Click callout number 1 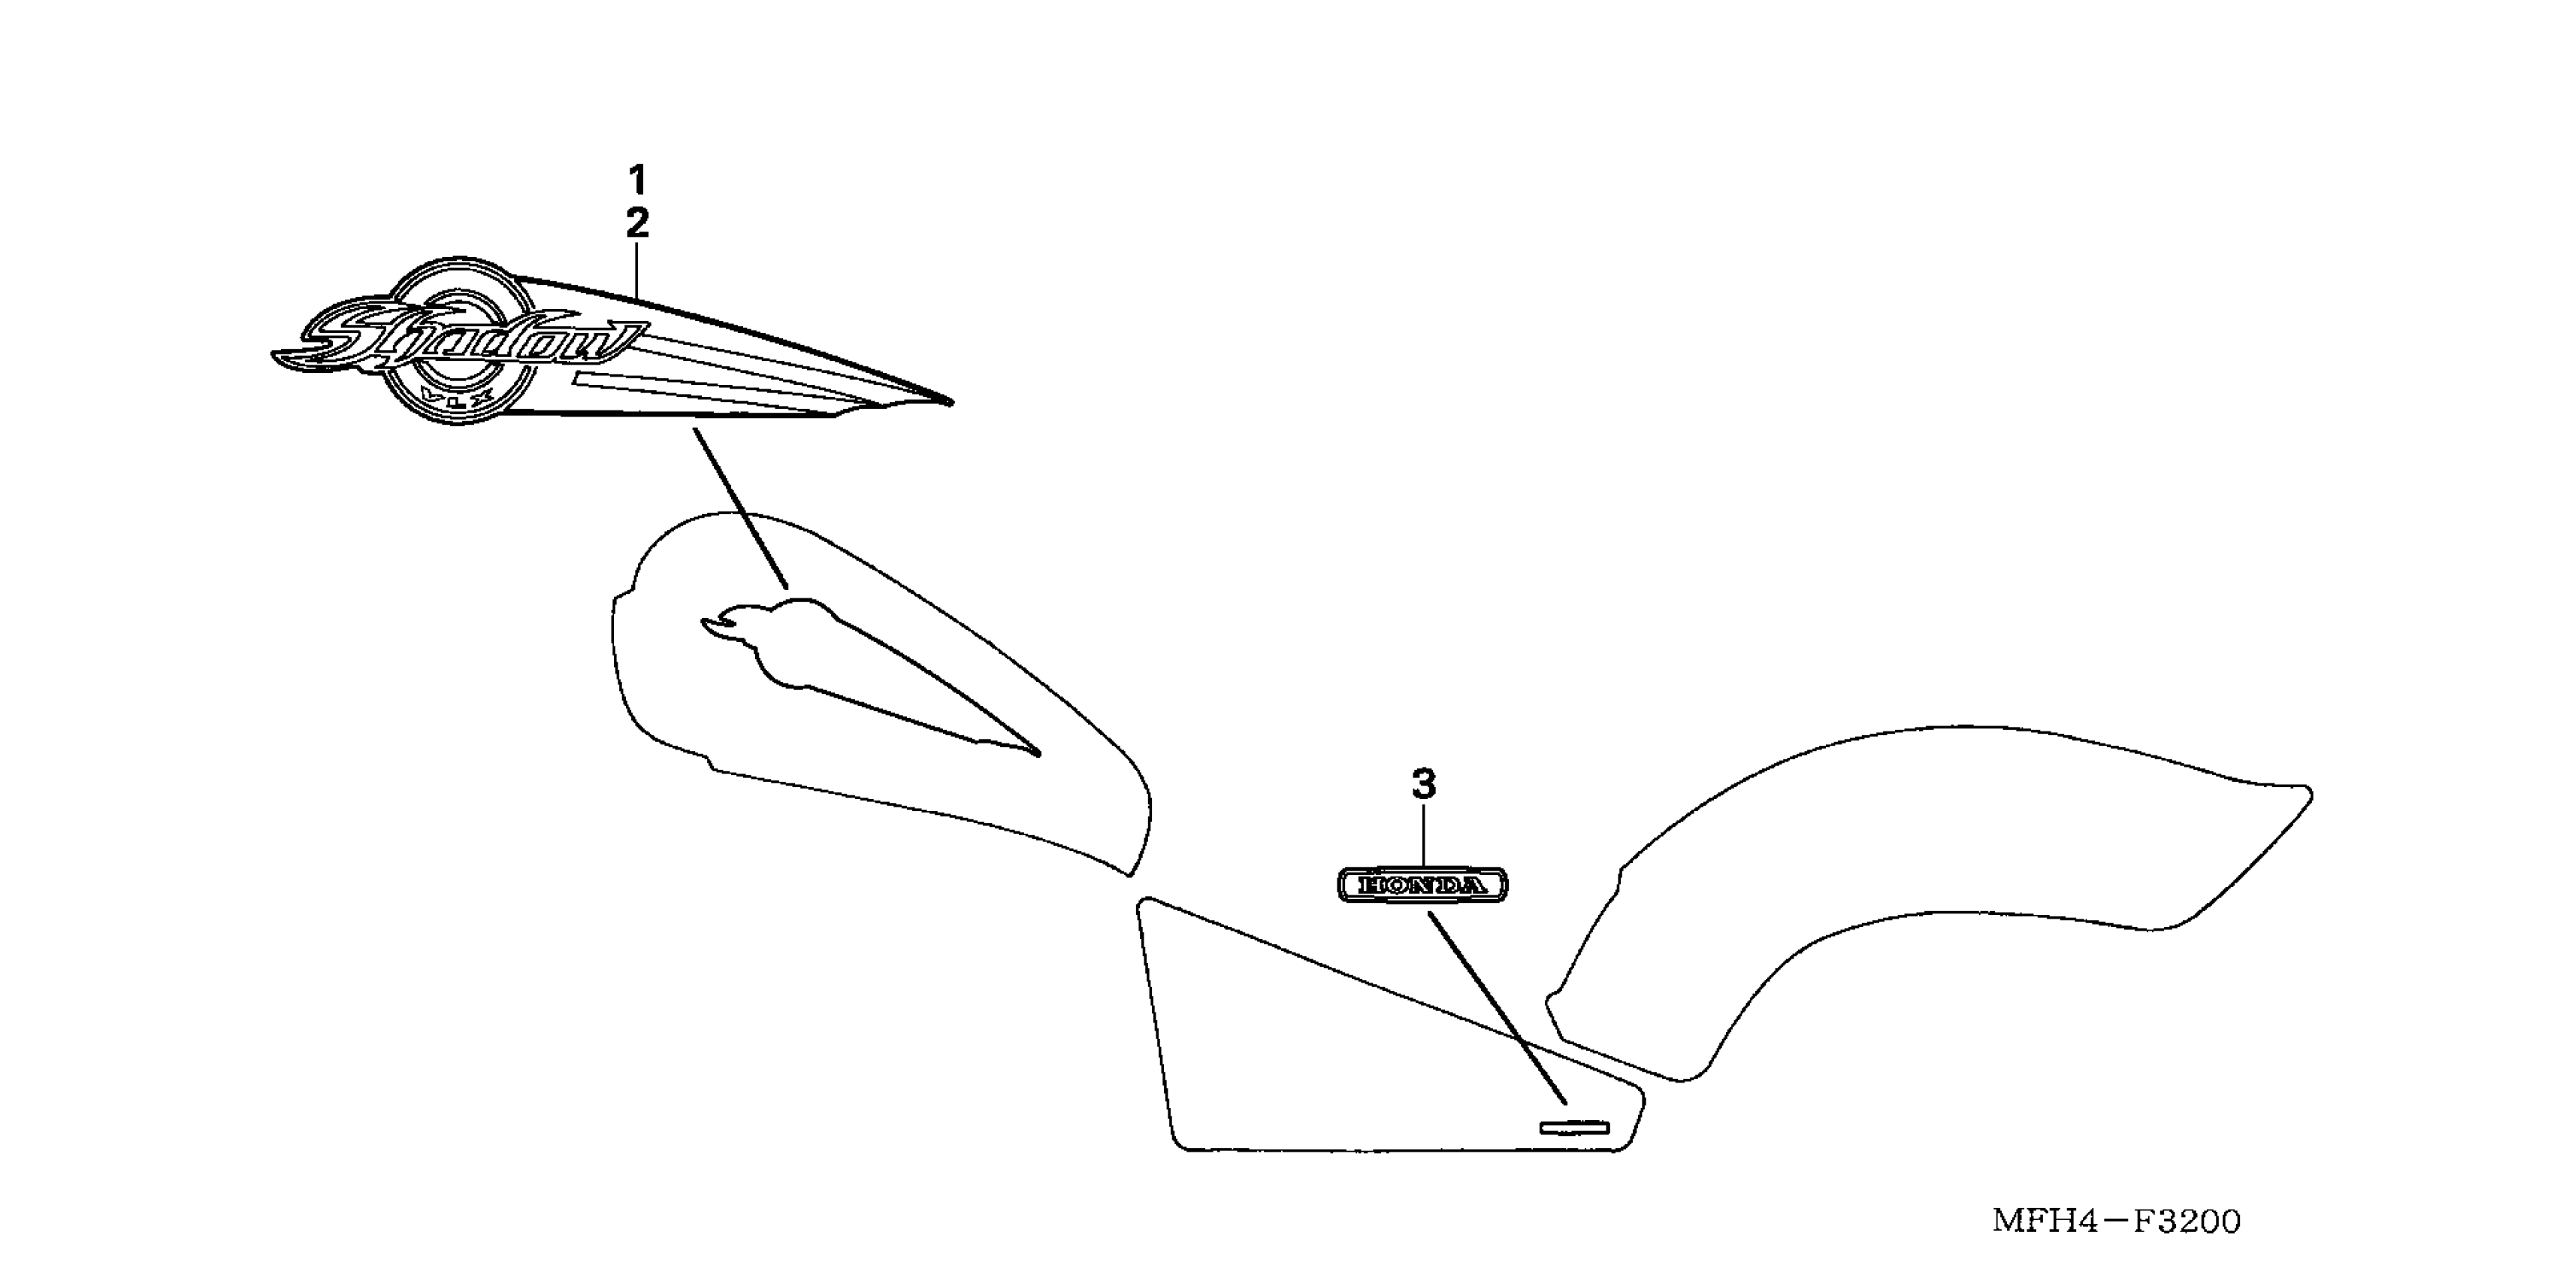point(637,180)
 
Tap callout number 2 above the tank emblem point(637,223)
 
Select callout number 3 point(1423,785)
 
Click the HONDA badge point(1422,884)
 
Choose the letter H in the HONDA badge point(1370,885)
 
